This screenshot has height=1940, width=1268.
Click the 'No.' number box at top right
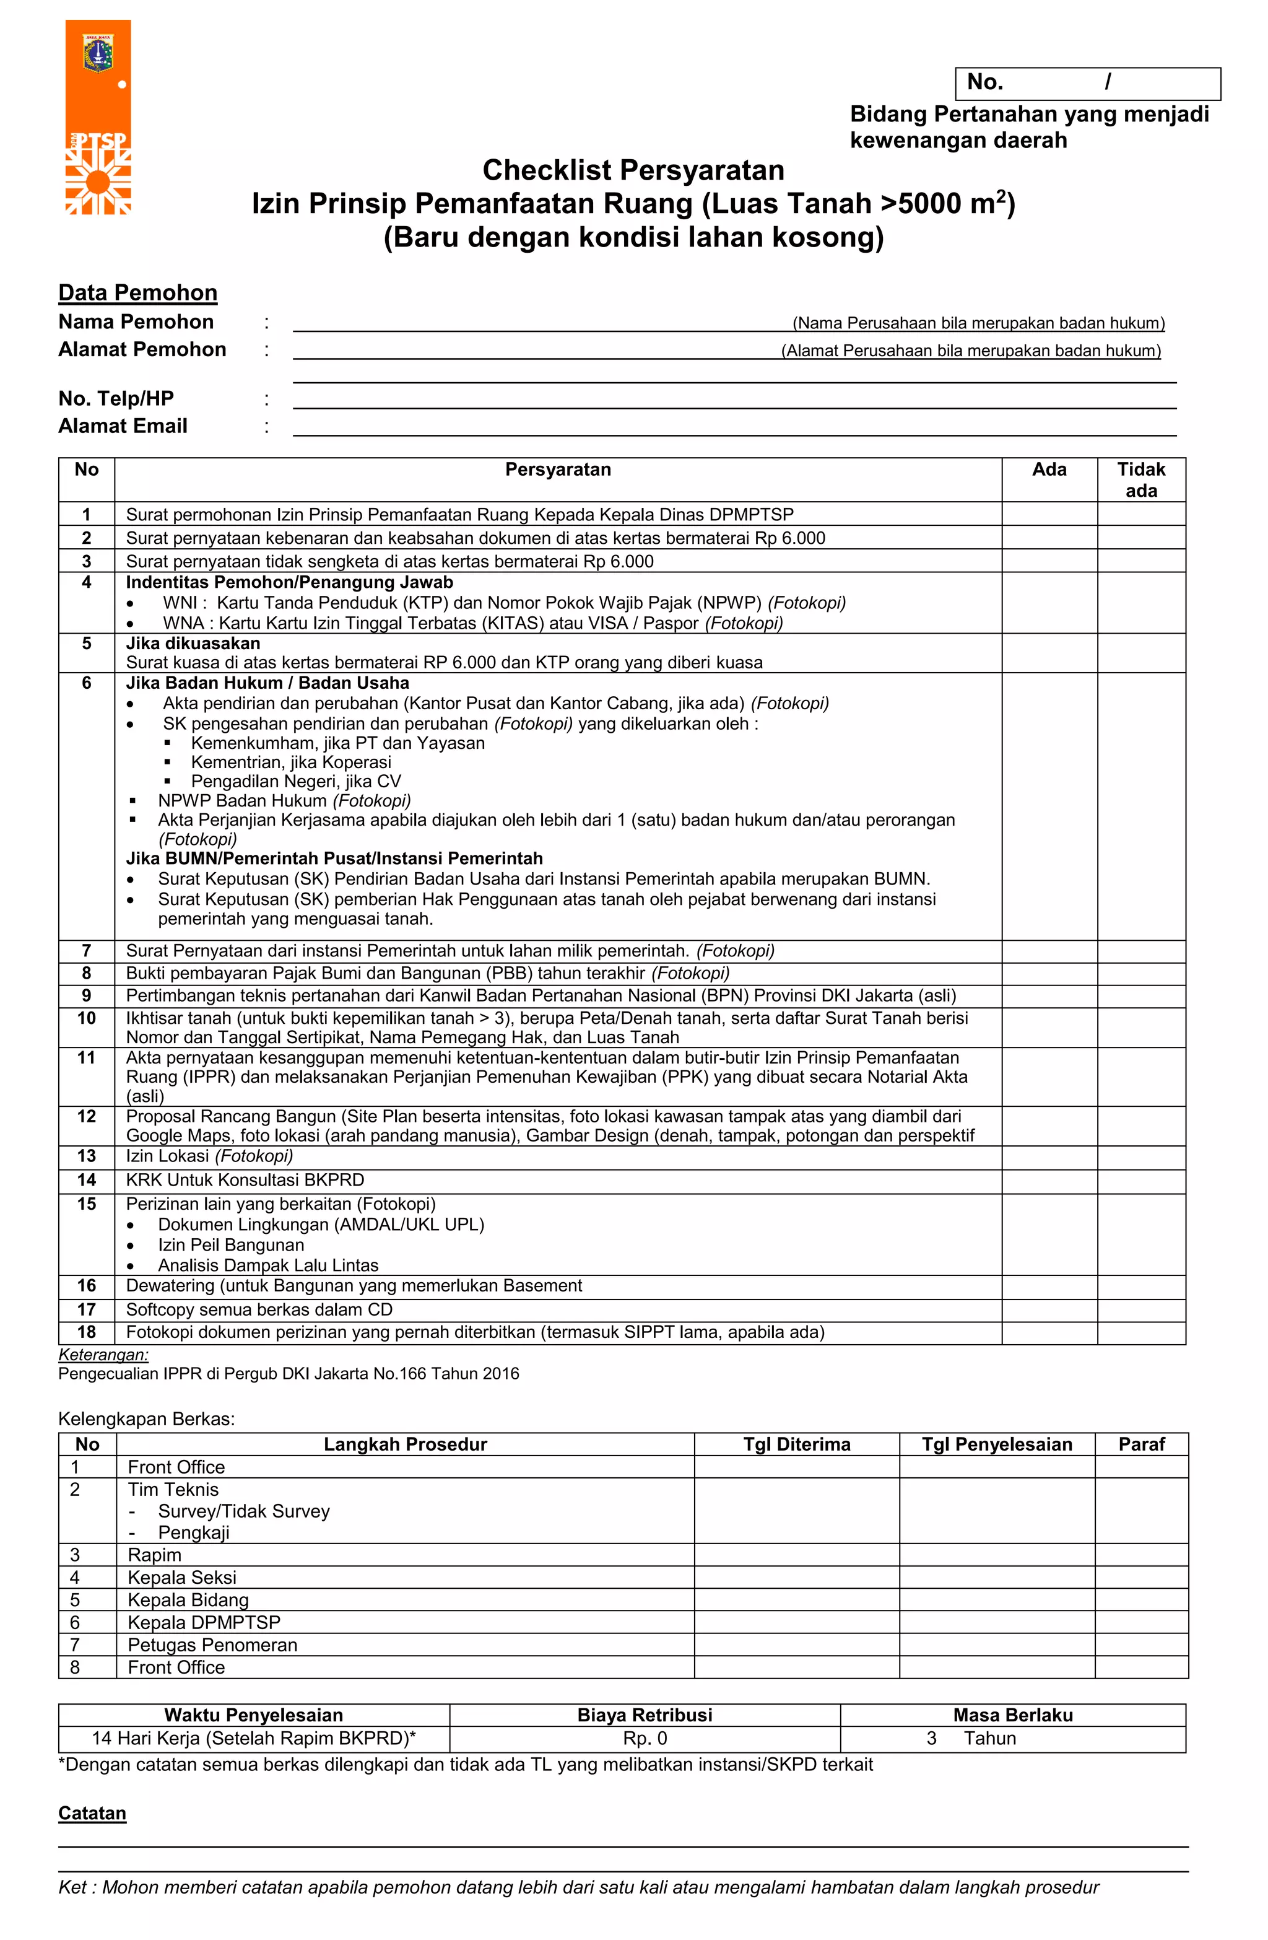(x=1087, y=83)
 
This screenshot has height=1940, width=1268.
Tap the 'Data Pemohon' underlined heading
(x=137, y=292)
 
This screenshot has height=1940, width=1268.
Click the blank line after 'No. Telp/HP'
(x=734, y=400)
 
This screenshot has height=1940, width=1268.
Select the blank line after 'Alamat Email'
(x=734, y=427)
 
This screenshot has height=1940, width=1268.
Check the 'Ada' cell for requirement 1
(x=1049, y=514)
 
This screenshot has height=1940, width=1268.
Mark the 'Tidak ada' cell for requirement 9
(x=1141, y=995)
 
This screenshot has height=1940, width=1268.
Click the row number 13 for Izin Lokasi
(x=87, y=1156)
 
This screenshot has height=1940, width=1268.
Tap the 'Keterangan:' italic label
(x=103, y=1355)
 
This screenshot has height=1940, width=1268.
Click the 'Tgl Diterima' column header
(x=796, y=1444)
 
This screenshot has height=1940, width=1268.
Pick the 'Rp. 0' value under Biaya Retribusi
(x=645, y=1739)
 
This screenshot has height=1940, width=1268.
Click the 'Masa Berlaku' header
(x=1012, y=1715)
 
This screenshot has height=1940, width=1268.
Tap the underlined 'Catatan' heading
(x=92, y=1814)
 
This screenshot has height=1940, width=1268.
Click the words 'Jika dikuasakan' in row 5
(x=193, y=643)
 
